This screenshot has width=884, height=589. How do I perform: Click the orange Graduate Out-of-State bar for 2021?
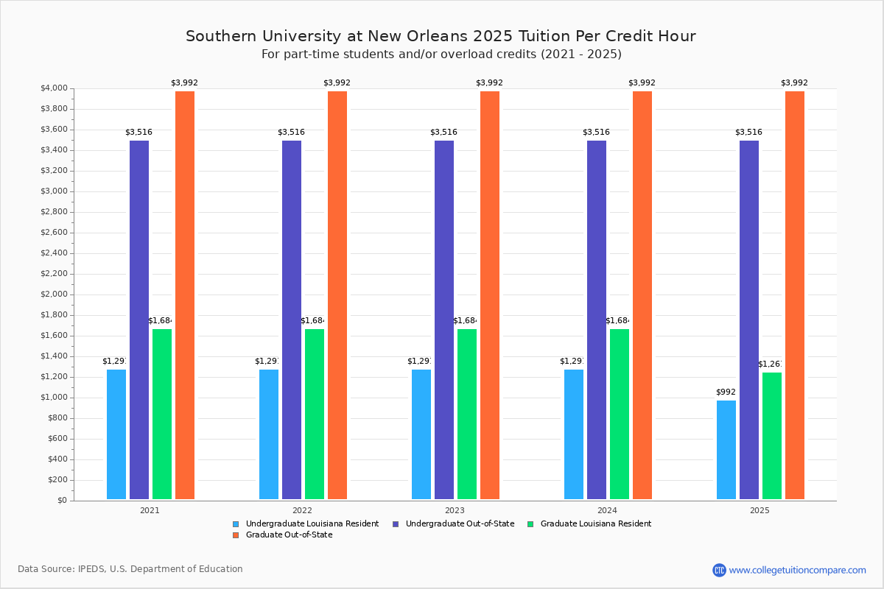click(185, 295)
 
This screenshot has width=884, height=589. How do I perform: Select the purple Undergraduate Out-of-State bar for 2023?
click(444, 320)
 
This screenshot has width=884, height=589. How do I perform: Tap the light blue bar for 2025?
click(726, 450)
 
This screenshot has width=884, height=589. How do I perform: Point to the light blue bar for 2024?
click(574, 434)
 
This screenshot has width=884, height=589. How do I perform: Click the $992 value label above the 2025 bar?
click(726, 392)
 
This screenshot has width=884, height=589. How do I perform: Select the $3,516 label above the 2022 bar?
click(291, 133)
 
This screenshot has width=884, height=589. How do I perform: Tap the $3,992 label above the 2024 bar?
click(642, 83)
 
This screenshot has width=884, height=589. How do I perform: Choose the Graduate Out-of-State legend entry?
click(288, 535)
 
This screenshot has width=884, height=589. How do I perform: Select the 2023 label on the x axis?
click(455, 509)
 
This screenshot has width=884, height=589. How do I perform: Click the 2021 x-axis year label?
click(150, 509)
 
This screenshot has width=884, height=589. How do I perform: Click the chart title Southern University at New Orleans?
click(441, 37)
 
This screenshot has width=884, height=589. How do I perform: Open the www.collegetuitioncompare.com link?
click(797, 570)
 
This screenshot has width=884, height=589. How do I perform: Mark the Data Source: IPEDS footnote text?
click(130, 569)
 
